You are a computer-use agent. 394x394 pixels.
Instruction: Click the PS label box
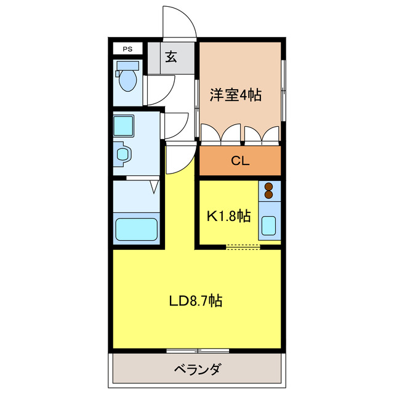pyautogui.click(x=127, y=49)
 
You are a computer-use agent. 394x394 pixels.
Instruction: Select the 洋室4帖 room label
pyautogui.click(x=236, y=95)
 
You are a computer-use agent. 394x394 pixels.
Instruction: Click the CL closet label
pyautogui.click(x=240, y=161)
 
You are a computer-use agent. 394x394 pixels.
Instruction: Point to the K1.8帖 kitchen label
pyautogui.click(x=228, y=216)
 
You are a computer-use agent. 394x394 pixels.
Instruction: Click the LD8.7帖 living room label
pyautogui.click(x=196, y=301)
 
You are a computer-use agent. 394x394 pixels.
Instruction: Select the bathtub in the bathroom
pyautogui.click(x=137, y=229)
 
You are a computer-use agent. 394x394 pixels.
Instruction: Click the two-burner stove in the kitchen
pyautogui.click(x=269, y=191)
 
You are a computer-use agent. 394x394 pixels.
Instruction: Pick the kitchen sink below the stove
pyautogui.click(x=269, y=225)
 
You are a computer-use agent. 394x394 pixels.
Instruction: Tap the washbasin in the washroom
pyautogui.click(x=123, y=153)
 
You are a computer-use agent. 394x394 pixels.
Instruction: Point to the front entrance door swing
pyautogui.click(x=180, y=23)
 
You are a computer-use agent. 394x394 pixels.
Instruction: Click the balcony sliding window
pyautogui.click(x=197, y=351)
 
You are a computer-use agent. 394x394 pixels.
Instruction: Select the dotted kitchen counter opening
pyautogui.click(x=243, y=247)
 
